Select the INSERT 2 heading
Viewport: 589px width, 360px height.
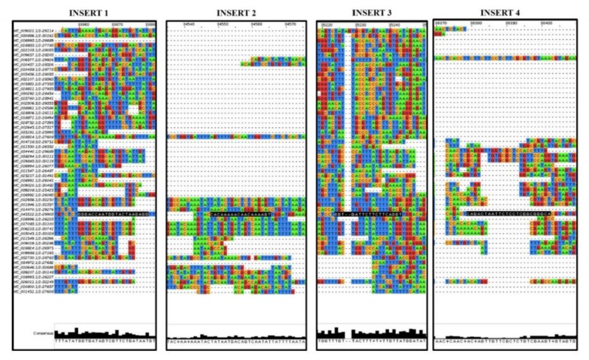[236, 13]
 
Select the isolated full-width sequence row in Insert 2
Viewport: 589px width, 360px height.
[236, 137]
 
